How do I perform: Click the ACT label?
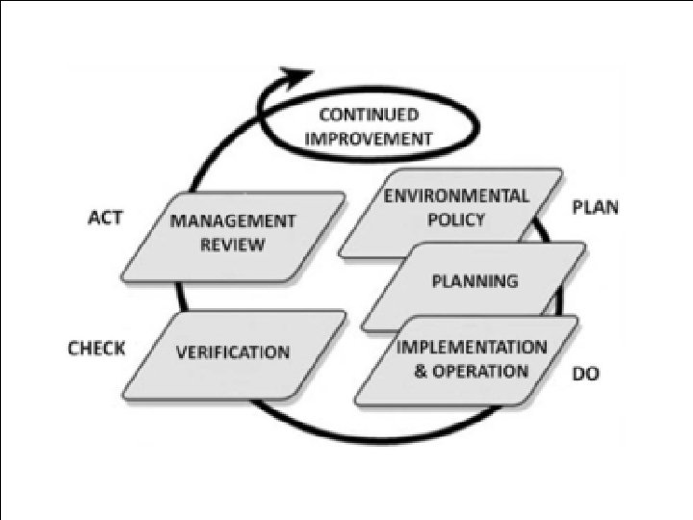[105, 218]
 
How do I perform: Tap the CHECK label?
[96, 348]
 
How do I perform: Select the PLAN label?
[596, 208]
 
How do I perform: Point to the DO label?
[586, 373]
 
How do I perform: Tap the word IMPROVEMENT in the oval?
[369, 138]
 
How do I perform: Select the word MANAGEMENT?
[232, 221]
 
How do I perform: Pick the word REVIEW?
[232, 244]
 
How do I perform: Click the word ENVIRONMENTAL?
[456, 196]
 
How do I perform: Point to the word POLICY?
[456, 219]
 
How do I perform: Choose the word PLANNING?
[475, 281]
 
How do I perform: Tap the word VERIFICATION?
[232, 351]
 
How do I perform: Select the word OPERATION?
[480, 371]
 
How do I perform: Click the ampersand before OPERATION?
[421, 372]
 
